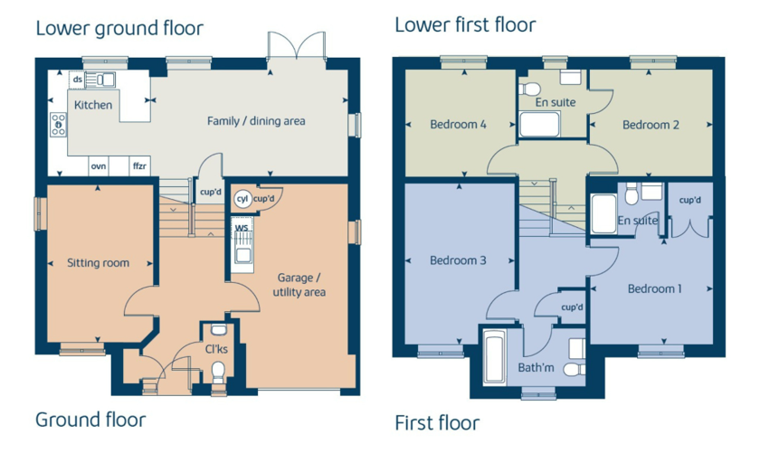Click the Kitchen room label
coord(93,105)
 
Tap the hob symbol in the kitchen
coord(59,125)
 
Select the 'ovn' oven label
coord(99,166)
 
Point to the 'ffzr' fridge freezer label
coord(139,165)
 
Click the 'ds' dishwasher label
coord(78,79)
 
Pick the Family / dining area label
coord(256,120)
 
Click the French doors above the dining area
coord(297,46)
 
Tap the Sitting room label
coord(99,262)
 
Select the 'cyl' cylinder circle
coord(242,199)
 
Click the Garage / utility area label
coord(299,285)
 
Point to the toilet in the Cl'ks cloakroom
coord(219,372)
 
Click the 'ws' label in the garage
coord(242,227)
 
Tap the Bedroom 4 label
coord(458,125)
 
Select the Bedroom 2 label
coord(651,125)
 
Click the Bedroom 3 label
coord(458,260)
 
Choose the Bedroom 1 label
coord(655,288)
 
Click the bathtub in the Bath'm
coord(495,357)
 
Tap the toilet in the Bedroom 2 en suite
coord(529,90)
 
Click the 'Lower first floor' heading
coord(465,25)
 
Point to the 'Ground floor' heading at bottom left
coord(90,420)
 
